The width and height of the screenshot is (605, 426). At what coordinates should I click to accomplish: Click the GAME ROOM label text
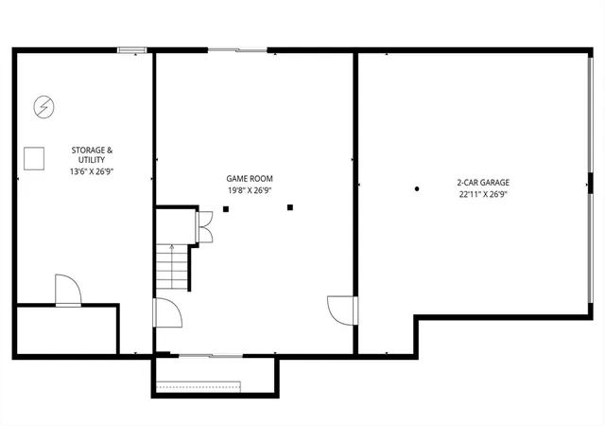(x=250, y=179)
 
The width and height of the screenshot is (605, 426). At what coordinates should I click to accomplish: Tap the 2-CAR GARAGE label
(x=483, y=183)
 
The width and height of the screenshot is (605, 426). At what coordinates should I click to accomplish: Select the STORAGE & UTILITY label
(x=92, y=155)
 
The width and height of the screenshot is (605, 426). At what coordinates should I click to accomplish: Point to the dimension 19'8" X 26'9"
(x=250, y=190)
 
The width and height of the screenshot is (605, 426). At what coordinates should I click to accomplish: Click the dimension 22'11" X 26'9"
(x=483, y=194)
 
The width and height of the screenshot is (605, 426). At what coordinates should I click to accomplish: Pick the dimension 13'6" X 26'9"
(x=92, y=171)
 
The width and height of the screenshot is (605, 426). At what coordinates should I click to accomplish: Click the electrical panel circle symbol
(x=44, y=107)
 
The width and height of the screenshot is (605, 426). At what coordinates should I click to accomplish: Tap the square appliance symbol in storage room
(x=34, y=158)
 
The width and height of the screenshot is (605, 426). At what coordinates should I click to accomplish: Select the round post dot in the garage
(x=417, y=189)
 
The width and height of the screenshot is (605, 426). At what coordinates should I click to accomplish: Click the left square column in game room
(x=226, y=209)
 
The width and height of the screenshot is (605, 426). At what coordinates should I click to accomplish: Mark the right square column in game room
(x=290, y=207)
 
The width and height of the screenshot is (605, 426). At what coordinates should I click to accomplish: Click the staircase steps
(x=172, y=267)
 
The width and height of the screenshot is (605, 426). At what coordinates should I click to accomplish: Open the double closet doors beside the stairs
(x=204, y=227)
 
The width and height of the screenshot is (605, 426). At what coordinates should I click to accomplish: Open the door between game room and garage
(x=342, y=311)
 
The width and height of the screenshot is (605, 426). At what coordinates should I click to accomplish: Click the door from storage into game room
(x=168, y=312)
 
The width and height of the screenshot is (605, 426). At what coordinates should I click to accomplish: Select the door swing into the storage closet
(x=68, y=290)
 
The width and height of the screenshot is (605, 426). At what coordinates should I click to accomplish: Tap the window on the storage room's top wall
(x=132, y=50)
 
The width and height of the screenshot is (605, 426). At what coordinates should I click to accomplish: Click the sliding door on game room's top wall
(x=237, y=50)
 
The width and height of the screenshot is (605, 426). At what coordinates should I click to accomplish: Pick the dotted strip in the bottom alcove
(x=198, y=386)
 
